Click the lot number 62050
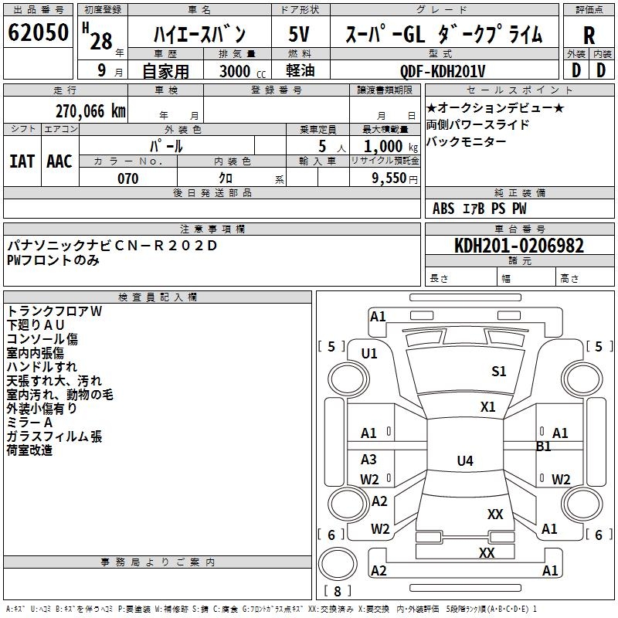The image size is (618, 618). [x=38, y=35]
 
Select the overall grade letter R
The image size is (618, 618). [x=589, y=36]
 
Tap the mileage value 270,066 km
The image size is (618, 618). [x=91, y=111]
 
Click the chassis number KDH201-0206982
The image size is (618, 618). [x=518, y=246]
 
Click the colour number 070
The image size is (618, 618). [x=127, y=178]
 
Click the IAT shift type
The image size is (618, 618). [x=22, y=161]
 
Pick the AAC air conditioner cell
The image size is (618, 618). [x=59, y=161]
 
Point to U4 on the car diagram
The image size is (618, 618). [x=464, y=461]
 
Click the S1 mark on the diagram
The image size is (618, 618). [x=499, y=372]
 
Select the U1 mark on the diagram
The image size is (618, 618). [x=369, y=354]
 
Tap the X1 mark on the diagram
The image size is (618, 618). [x=488, y=407]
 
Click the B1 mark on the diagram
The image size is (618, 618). [x=544, y=447]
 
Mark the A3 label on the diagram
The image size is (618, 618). [x=369, y=460]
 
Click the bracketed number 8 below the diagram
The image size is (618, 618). [x=338, y=591]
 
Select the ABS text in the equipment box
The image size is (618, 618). [x=443, y=208]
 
